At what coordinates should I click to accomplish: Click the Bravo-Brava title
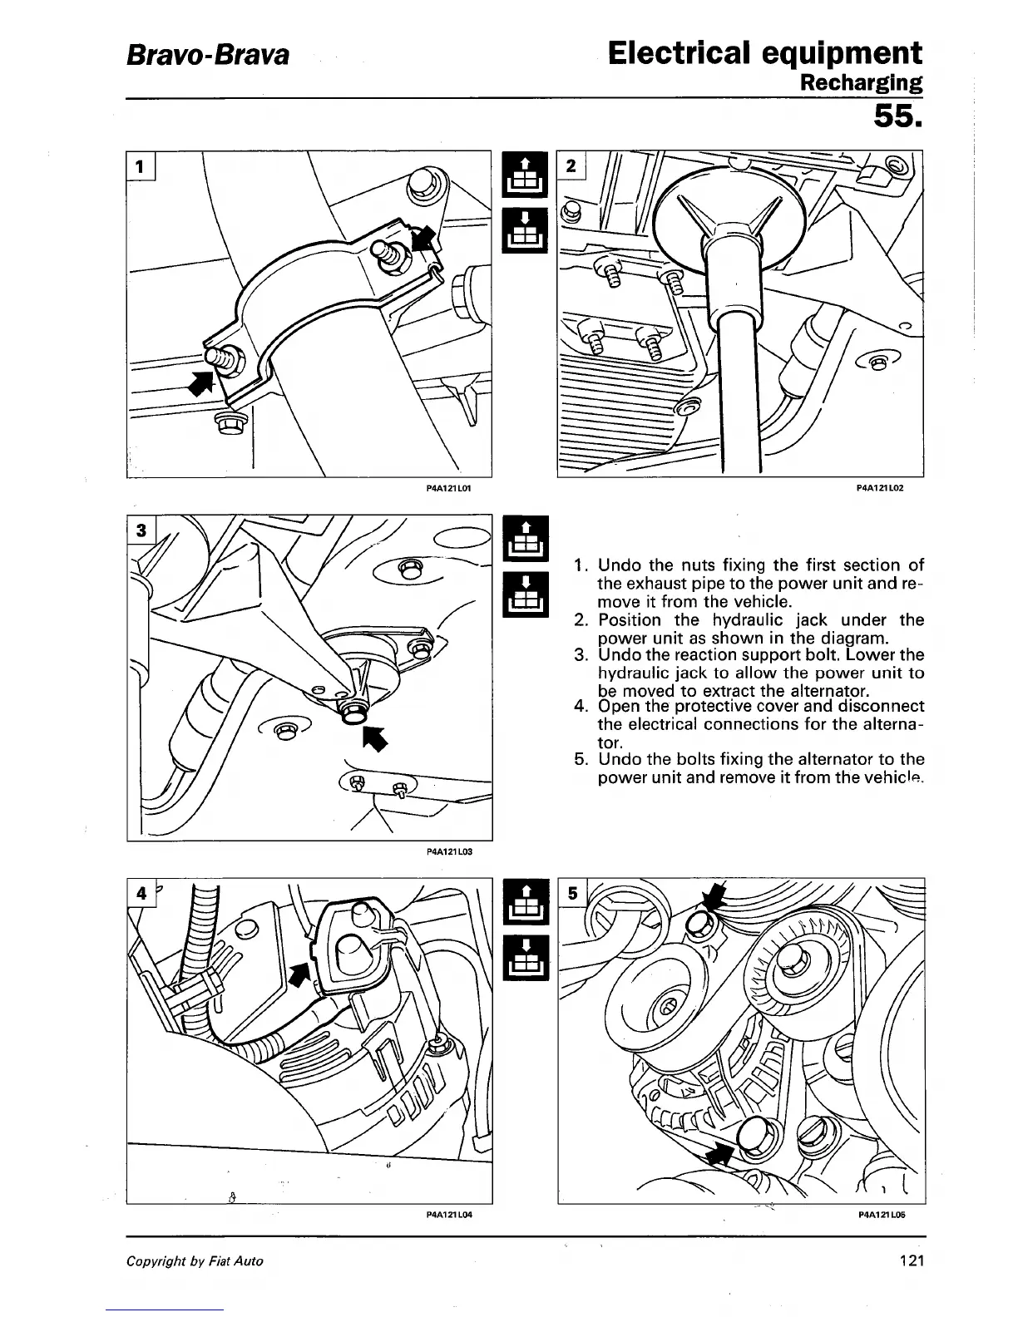point(208,56)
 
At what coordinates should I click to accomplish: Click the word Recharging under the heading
point(860,83)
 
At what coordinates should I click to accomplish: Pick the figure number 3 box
point(142,530)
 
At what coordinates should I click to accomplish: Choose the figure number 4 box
point(142,895)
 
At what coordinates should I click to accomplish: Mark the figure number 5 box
point(572,895)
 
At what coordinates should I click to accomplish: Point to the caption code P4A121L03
point(449,851)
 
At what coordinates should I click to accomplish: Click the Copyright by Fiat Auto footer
point(195,1261)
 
